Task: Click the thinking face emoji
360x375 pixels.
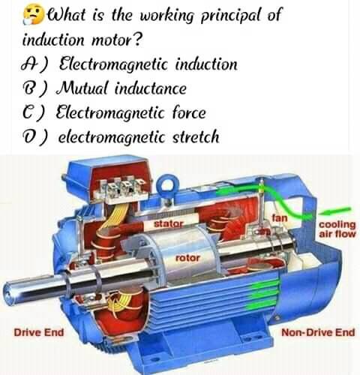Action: tap(34, 14)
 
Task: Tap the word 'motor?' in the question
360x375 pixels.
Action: tap(117, 40)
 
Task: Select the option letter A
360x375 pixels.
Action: tap(28, 64)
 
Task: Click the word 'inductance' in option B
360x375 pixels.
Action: tap(150, 88)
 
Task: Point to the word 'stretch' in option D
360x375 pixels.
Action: tap(196, 136)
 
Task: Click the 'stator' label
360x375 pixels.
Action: tap(169, 223)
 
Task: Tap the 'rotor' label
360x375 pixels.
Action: tap(187, 258)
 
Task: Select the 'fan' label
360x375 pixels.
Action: tap(280, 218)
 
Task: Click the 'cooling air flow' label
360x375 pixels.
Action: tap(337, 229)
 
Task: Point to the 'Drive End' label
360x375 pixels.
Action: tap(39, 333)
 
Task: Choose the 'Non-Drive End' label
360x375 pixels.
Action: tap(318, 333)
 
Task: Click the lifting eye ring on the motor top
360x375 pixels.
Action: tap(166, 179)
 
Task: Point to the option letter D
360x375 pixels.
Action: tap(28, 136)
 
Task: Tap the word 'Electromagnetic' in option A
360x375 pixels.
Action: tap(113, 64)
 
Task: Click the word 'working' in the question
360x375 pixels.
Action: tap(166, 16)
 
